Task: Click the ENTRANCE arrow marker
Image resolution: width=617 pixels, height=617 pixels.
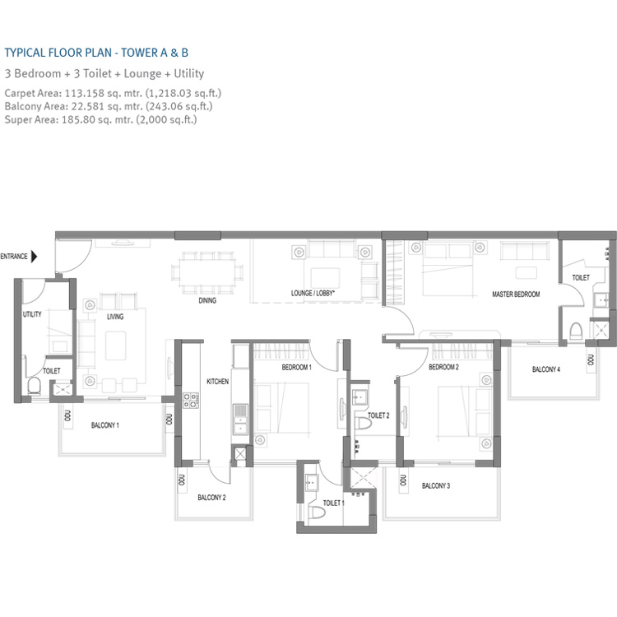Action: [33, 257]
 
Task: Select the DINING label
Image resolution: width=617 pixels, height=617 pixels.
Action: [207, 301]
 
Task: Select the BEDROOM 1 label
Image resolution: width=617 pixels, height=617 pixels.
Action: [296, 368]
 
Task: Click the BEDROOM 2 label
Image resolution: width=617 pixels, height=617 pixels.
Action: [443, 368]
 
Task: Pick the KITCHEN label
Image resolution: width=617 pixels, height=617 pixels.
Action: [217, 382]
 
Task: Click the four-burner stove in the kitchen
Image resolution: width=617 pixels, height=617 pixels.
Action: [190, 401]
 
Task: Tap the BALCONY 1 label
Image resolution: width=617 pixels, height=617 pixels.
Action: [105, 425]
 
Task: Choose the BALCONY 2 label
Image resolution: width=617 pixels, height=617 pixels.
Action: [211, 498]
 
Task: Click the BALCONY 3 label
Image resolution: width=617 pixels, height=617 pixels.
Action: [436, 486]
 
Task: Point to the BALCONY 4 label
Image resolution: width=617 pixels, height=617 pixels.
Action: [545, 369]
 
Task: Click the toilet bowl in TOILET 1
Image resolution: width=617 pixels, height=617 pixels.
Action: [318, 515]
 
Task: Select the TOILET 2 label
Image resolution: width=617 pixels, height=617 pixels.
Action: [378, 415]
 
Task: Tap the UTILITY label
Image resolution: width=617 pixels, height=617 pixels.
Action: [32, 314]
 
